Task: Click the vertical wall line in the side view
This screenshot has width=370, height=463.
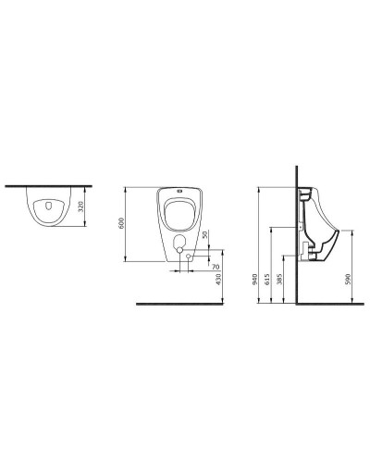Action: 296,241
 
